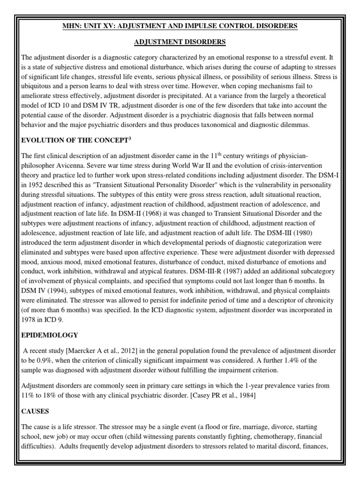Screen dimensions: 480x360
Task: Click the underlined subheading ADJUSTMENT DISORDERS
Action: click(x=180, y=42)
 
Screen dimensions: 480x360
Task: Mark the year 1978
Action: click(x=30, y=319)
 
